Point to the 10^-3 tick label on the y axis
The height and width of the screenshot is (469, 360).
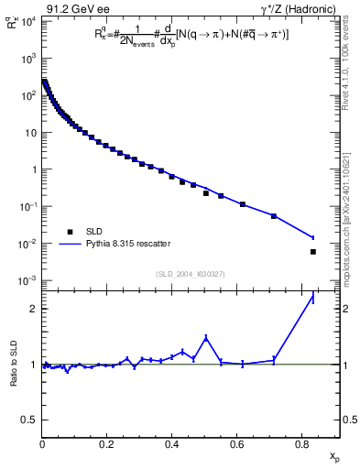(x=26, y=281)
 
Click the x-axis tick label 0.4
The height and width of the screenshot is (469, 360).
(x=172, y=446)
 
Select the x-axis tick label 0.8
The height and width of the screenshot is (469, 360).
(x=301, y=446)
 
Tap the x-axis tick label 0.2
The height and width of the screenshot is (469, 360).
(x=107, y=446)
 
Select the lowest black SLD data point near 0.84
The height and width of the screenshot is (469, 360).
(x=313, y=251)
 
